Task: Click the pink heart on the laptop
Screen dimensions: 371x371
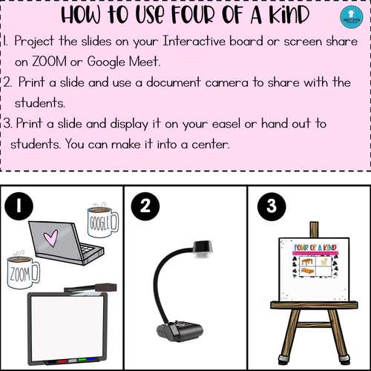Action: tap(50, 238)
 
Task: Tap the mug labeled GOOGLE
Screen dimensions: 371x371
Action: tap(103, 222)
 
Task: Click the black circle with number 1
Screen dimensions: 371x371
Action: tap(19, 206)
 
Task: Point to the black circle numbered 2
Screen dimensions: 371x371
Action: tap(145, 206)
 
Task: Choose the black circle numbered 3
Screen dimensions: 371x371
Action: tap(272, 206)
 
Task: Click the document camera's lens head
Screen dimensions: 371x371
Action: tap(203, 249)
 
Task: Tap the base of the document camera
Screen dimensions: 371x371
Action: tap(180, 330)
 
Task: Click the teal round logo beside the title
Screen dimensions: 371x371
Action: tap(352, 17)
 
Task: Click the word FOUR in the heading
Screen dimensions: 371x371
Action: tap(194, 15)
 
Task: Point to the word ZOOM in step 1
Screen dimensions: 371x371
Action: tap(49, 62)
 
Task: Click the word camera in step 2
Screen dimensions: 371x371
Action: tap(226, 82)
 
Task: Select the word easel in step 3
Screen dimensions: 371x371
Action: tap(226, 123)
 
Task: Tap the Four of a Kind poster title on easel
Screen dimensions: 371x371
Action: tap(315, 247)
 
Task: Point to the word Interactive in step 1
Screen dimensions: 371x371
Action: tap(194, 41)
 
